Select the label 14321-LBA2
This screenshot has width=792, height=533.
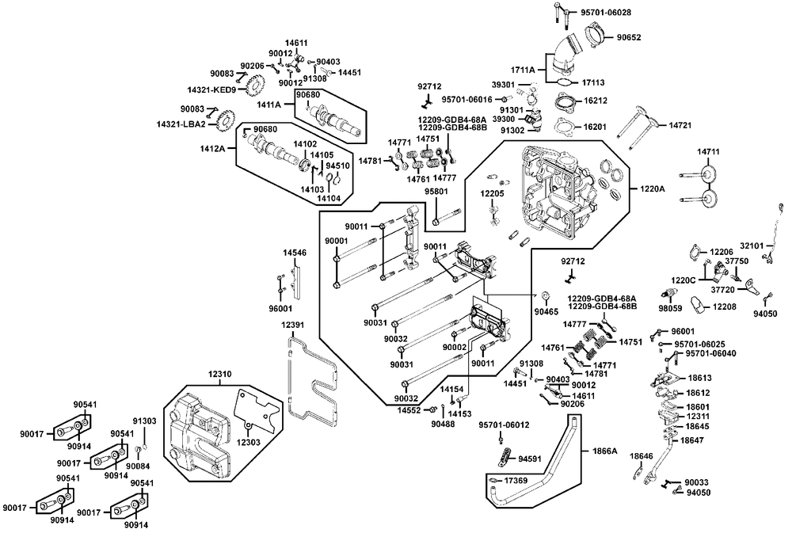(181, 124)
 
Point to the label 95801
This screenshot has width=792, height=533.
(436, 191)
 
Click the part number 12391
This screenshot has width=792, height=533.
(292, 326)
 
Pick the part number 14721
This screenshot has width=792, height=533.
(681, 125)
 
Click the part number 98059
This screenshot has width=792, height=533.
(670, 306)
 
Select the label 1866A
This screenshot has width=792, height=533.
(604, 450)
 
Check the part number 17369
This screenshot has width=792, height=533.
(516, 481)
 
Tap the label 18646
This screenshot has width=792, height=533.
(642, 456)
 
